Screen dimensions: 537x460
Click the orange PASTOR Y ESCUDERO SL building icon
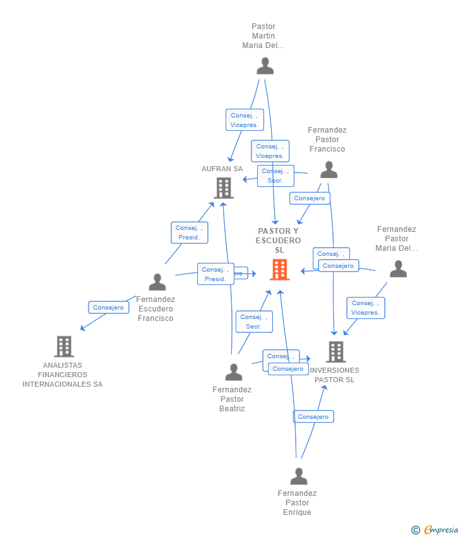click(x=279, y=270)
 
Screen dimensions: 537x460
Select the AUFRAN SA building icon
click(x=224, y=188)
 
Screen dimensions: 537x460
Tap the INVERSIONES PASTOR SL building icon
click(x=336, y=352)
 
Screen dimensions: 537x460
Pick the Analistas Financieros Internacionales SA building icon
click(x=64, y=346)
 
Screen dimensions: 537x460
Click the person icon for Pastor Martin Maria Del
click(x=265, y=66)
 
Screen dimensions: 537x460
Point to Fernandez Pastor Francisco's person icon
click(x=329, y=169)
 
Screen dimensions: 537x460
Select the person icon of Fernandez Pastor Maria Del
click(x=398, y=269)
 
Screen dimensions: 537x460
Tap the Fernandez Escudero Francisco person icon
click(x=157, y=282)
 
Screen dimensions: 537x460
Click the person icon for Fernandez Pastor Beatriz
click(x=234, y=372)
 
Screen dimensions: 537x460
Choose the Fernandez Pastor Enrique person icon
click(x=298, y=476)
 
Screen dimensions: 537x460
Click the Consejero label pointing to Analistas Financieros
click(x=109, y=308)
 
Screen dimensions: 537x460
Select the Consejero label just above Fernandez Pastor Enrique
click(x=313, y=417)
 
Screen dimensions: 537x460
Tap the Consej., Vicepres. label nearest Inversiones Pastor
click(x=365, y=308)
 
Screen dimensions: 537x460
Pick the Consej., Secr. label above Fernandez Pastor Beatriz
click(x=254, y=322)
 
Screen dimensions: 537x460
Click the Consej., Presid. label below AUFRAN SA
click(x=190, y=232)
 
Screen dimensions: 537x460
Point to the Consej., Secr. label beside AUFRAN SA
click(x=275, y=176)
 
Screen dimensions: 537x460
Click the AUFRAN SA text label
click(x=222, y=169)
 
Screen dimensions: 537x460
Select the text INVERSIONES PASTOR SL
click(x=335, y=375)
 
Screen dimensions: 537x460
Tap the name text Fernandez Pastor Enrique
click(x=297, y=503)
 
